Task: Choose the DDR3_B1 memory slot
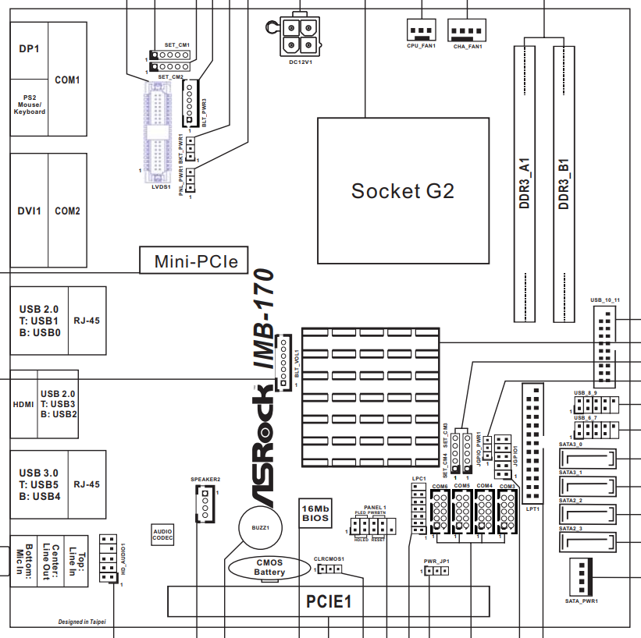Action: point(564,183)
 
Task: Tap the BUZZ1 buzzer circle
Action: point(260,527)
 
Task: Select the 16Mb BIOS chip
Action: point(315,512)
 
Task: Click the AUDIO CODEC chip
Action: point(162,534)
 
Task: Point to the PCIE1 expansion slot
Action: point(329,601)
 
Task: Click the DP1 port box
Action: point(29,49)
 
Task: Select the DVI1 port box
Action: point(29,211)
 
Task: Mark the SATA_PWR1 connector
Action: point(580,578)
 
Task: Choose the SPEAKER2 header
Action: point(205,505)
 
